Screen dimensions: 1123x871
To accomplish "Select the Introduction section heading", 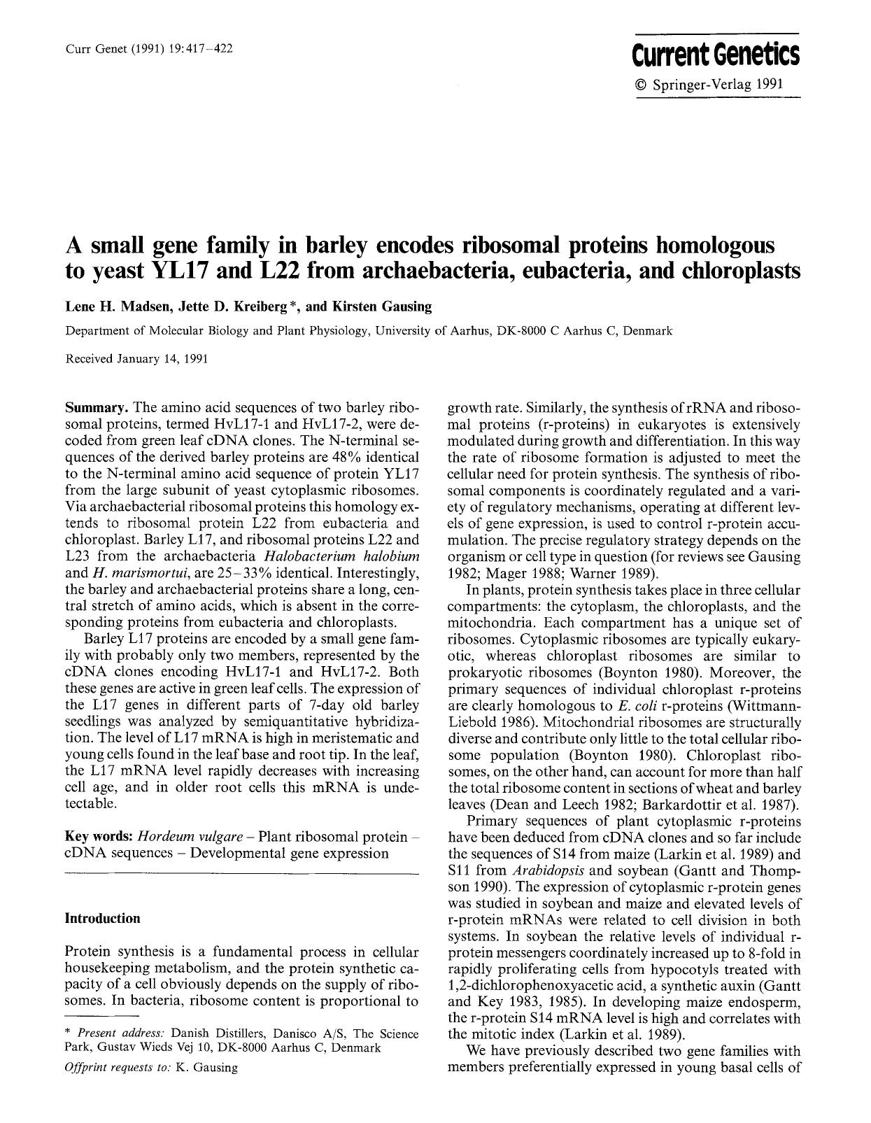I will pyautogui.click(x=102, y=918).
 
